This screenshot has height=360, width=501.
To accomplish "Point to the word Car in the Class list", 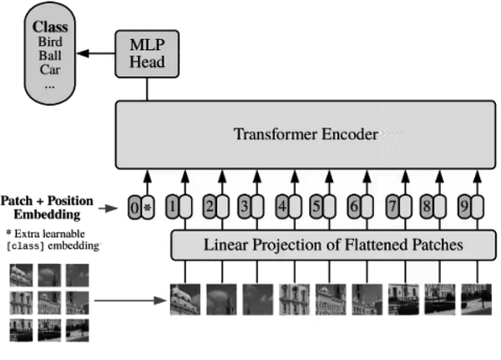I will [x=49, y=73].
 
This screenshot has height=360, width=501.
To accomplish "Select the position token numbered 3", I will [x=245, y=205].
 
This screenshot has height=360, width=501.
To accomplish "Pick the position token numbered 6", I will [x=354, y=205].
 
